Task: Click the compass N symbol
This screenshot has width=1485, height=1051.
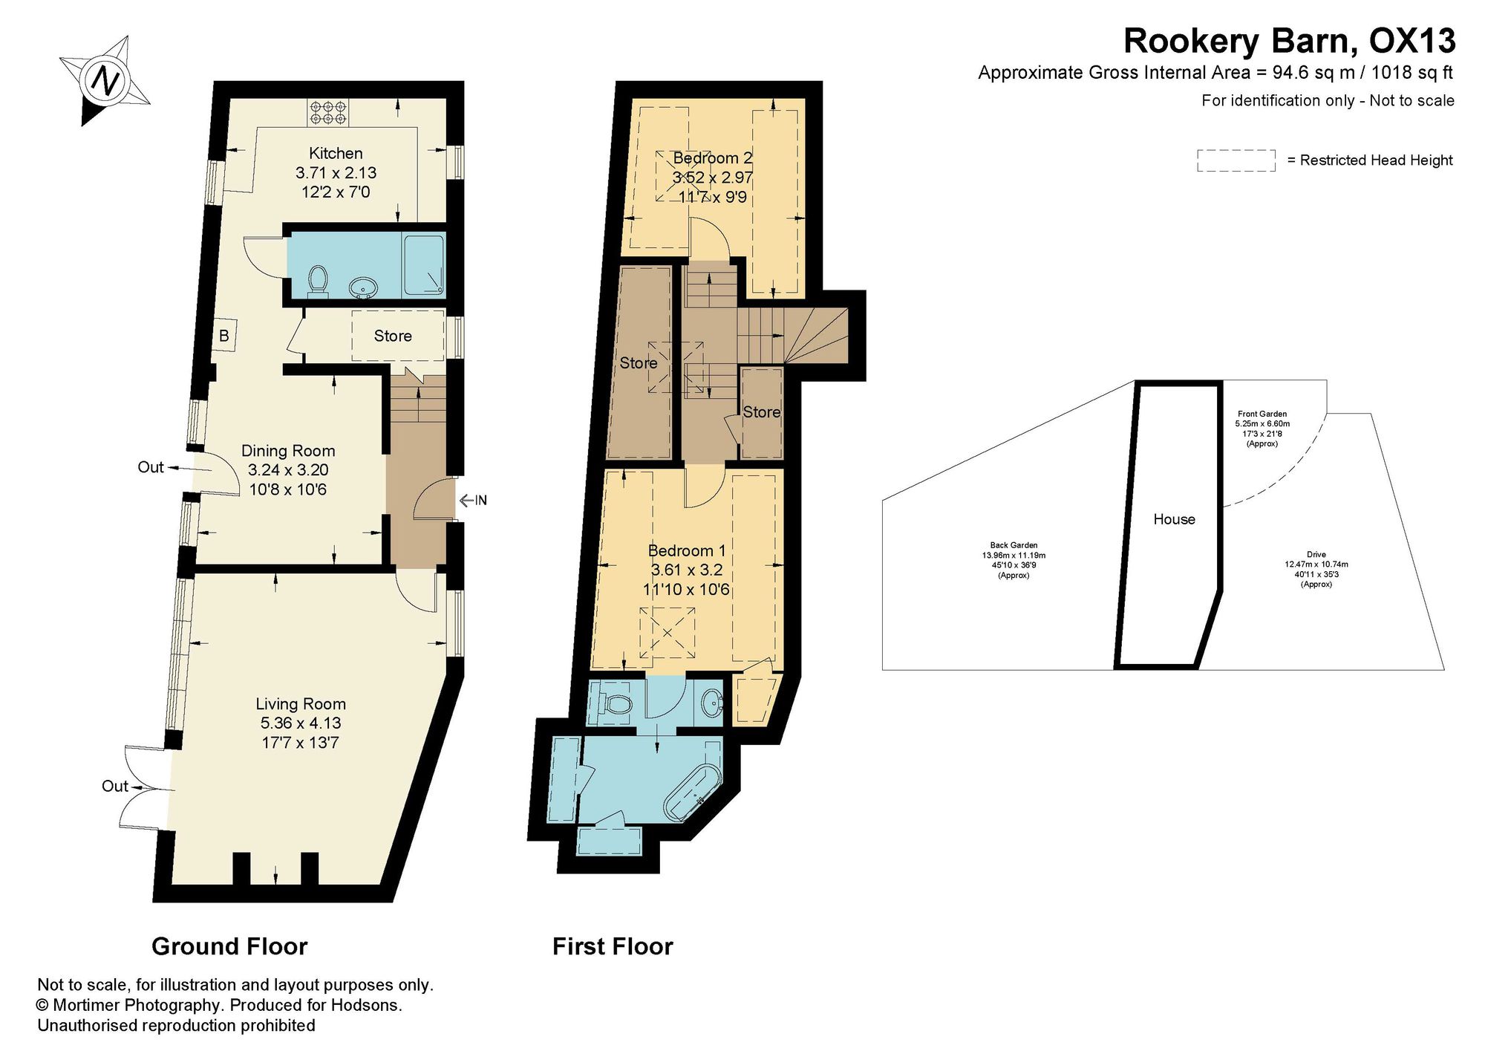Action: pyautogui.click(x=105, y=79)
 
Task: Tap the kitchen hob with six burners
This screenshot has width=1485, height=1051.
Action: pyautogui.click(x=328, y=112)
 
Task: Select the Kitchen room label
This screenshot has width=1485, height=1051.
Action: pyautogui.click(x=336, y=154)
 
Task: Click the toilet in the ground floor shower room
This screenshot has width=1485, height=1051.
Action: pyautogui.click(x=319, y=282)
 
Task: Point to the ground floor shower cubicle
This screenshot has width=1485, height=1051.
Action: pyautogui.click(x=424, y=263)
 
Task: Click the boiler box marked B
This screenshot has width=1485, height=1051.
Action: pyautogui.click(x=224, y=336)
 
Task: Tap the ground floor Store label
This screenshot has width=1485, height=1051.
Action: pyautogui.click(x=393, y=336)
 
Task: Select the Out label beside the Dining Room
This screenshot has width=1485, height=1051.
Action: pyautogui.click(x=151, y=467)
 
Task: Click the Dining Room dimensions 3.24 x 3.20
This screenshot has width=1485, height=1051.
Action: pyautogui.click(x=288, y=470)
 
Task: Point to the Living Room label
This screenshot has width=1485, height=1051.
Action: pyautogui.click(x=301, y=703)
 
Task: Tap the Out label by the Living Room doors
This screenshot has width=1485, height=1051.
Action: pyautogui.click(x=115, y=786)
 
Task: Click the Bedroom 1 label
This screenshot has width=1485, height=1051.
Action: pyautogui.click(x=687, y=550)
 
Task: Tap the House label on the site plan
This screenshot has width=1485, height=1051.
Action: pyautogui.click(x=1174, y=519)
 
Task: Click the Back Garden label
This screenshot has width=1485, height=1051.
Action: pyautogui.click(x=1014, y=545)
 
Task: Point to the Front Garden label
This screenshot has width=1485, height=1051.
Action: pyautogui.click(x=1262, y=414)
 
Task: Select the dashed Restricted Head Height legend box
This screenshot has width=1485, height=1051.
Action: pyautogui.click(x=1236, y=160)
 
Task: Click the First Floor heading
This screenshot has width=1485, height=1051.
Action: pyautogui.click(x=613, y=946)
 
